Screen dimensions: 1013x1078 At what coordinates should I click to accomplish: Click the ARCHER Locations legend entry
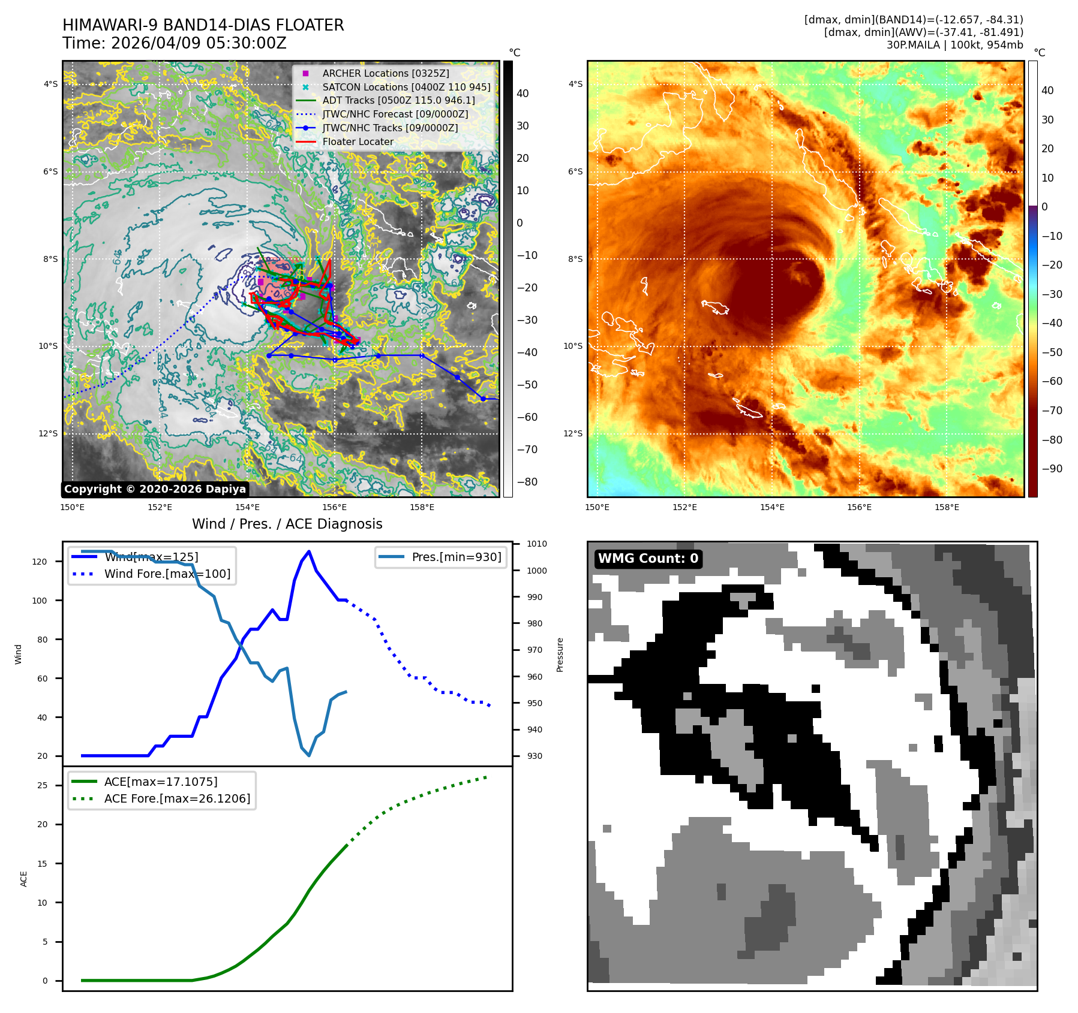[x=385, y=73]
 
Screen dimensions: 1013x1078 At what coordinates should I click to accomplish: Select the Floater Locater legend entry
[x=358, y=141]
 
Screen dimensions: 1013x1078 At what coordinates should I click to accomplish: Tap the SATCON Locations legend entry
[x=406, y=87]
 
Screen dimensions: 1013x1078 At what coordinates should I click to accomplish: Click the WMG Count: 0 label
[x=648, y=559]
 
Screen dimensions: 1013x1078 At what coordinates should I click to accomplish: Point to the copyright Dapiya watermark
[x=155, y=489]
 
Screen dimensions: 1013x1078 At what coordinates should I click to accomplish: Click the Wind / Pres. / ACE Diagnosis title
[x=287, y=524]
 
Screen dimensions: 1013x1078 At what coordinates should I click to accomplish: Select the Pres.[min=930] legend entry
[x=456, y=557]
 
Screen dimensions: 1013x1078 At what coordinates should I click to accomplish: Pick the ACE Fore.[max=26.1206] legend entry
[x=177, y=798]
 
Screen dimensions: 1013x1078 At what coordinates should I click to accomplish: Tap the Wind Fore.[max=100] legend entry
[x=167, y=574]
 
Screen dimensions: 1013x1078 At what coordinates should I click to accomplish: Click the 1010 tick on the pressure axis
[x=537, y=544]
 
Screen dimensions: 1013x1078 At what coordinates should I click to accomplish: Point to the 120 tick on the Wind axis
[x=40, y=562]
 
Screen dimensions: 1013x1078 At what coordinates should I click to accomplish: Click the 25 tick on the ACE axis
[x=42, y=785]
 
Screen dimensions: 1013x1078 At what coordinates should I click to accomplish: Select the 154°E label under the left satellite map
[x=247, y=507]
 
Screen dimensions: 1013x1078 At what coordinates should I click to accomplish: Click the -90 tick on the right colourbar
[x=1052, y=469]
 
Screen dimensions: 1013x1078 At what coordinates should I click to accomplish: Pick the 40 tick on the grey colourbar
[x=523, y=94]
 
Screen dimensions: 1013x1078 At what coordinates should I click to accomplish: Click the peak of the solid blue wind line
[x=309, y=551]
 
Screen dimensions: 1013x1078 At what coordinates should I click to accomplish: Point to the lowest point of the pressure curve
[x=309, y=755]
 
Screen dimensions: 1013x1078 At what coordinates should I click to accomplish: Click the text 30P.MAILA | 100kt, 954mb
[x=954, y=45]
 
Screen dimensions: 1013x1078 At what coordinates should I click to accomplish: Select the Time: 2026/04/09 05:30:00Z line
[x=174, y=43]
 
